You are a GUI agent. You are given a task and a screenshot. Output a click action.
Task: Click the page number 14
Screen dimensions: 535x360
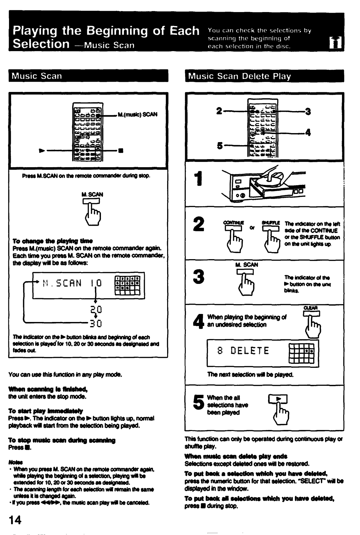point(15,520)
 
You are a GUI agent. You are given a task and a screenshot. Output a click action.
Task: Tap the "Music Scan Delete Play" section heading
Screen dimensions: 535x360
point(239,76)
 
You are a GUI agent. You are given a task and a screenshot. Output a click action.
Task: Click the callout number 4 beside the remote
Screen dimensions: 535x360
point(308,133)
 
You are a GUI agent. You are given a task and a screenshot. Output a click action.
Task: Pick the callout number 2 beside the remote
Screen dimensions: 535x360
point(219,111)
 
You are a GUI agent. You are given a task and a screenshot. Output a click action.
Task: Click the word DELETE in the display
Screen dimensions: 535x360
point(250,351)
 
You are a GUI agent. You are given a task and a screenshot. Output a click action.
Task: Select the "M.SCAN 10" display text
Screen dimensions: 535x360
point(72,284)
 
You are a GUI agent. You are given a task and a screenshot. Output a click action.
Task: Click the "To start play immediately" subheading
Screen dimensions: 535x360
point(48,411)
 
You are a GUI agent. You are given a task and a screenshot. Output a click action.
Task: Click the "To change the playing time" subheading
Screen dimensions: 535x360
point(52,241)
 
